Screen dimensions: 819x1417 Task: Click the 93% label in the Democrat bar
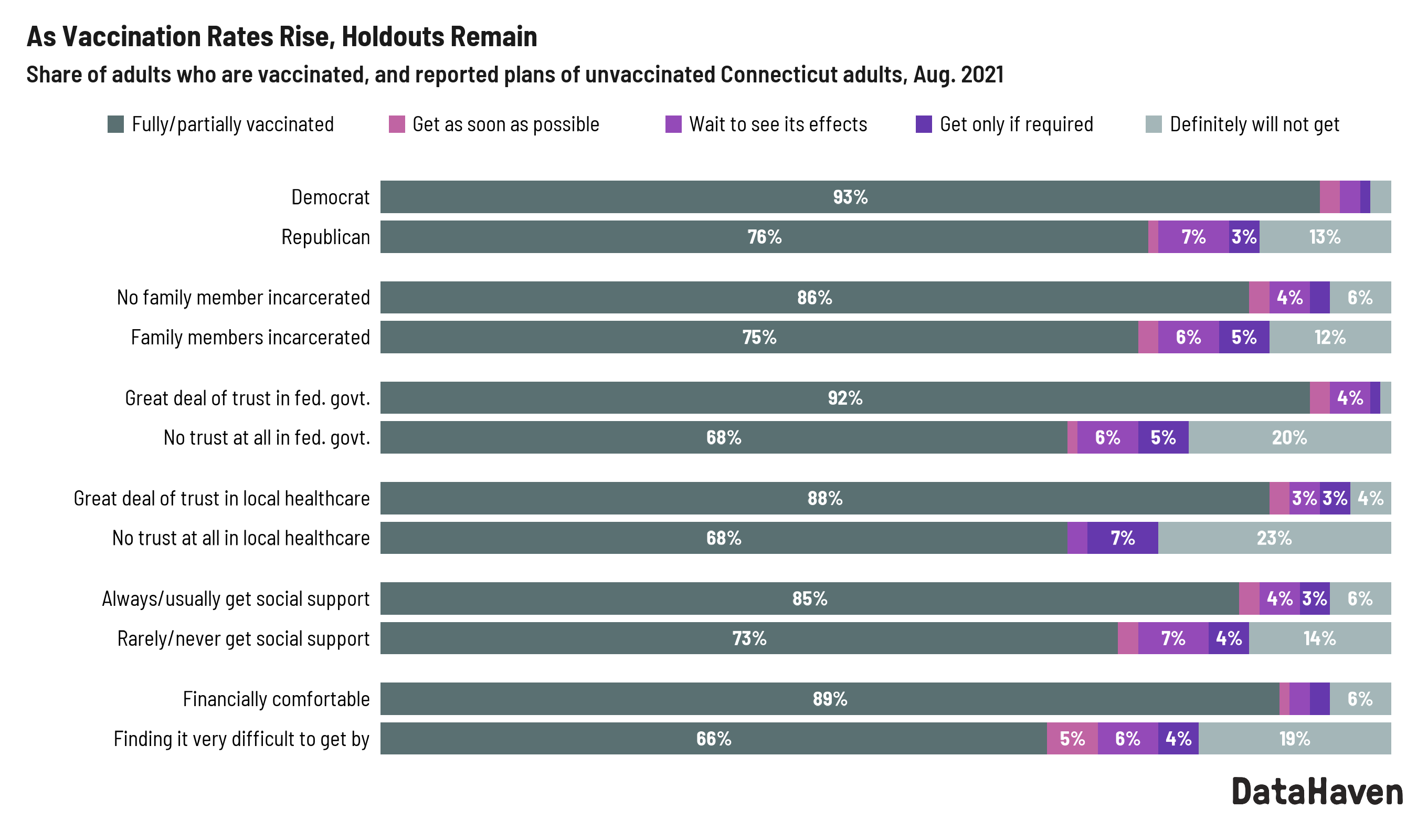(850, 197)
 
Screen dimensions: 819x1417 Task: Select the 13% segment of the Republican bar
(1325, 237)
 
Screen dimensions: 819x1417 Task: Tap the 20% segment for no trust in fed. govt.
(1289, 438)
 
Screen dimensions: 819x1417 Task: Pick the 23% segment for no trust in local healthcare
(1274, 538)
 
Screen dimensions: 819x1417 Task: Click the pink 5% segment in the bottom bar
(1072, 739)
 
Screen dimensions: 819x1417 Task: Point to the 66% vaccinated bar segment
(714, 739)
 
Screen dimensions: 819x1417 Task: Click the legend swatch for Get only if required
(924, 124)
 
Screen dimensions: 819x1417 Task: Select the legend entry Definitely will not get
(1254, 124)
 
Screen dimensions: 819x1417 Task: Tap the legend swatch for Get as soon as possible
(397, 124)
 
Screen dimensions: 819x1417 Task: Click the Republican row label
(325, 237)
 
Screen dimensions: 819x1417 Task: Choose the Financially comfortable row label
(276, 699)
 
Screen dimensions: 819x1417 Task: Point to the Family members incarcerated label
(250, 338)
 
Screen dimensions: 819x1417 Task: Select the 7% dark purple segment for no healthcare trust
(1123, 538)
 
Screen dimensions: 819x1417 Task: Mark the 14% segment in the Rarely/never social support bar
(1319, 638)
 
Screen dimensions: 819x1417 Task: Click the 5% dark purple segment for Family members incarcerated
(1244, 338)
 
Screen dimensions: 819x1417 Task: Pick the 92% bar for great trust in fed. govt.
(844, 398)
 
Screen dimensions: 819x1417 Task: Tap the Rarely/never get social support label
(243, 638)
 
